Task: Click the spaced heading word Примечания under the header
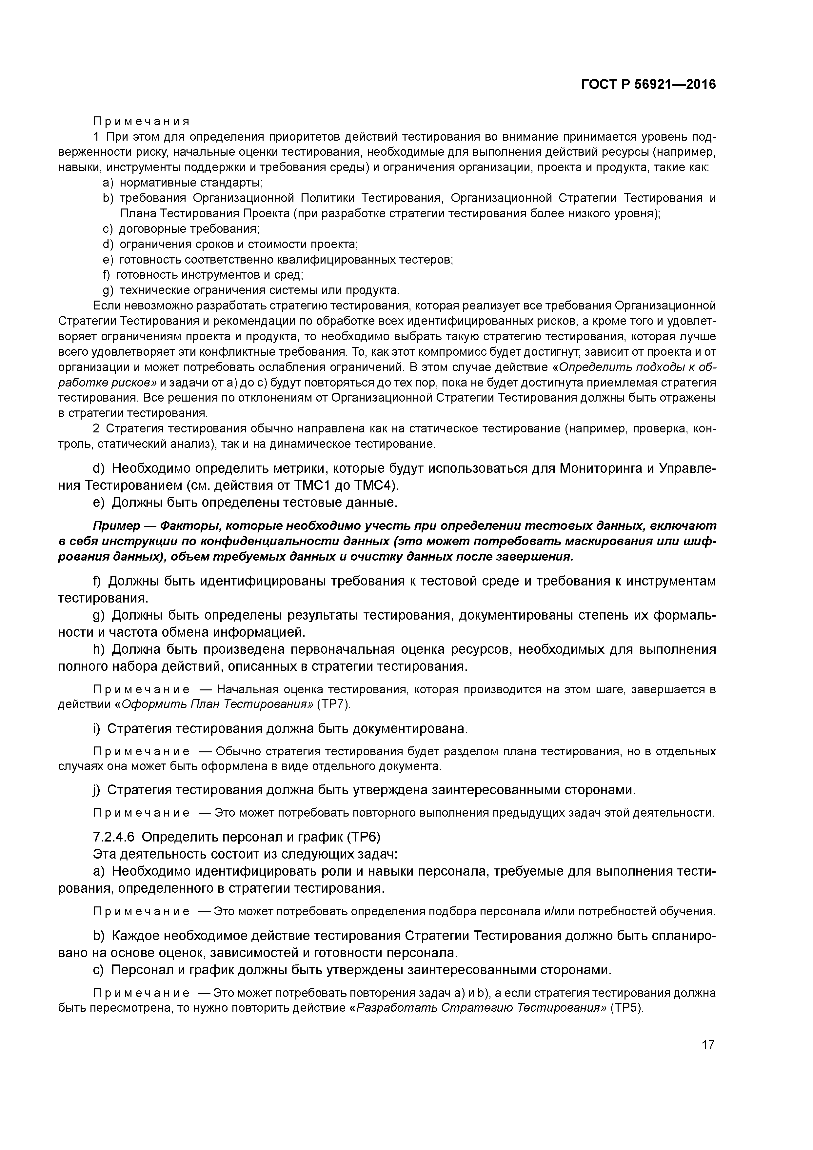(141, 122)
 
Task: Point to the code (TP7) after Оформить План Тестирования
(334, 704)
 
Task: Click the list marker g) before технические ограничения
(108, 290)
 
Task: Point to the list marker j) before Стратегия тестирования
(97, 790)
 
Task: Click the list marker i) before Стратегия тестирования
(97, 728)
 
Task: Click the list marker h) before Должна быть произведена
(98, 650)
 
